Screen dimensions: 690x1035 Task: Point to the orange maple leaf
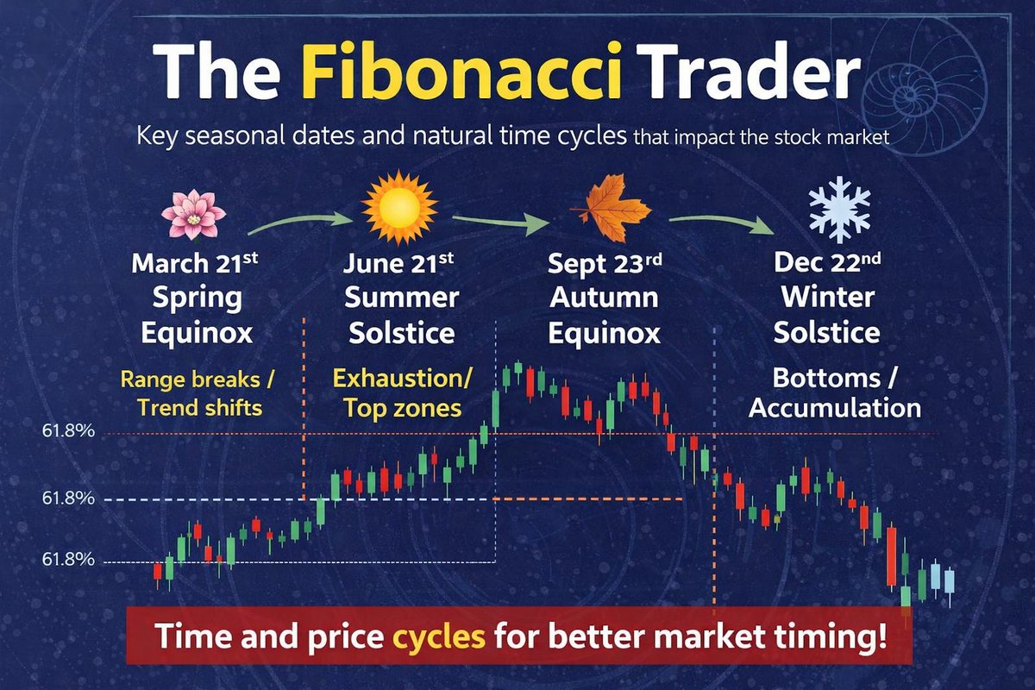point(615,210)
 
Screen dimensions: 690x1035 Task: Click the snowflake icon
point(838,210)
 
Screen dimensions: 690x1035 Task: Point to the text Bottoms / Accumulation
point(834,392)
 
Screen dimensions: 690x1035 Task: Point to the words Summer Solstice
point(401,316)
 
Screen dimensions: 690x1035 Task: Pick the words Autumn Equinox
point(604,316)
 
